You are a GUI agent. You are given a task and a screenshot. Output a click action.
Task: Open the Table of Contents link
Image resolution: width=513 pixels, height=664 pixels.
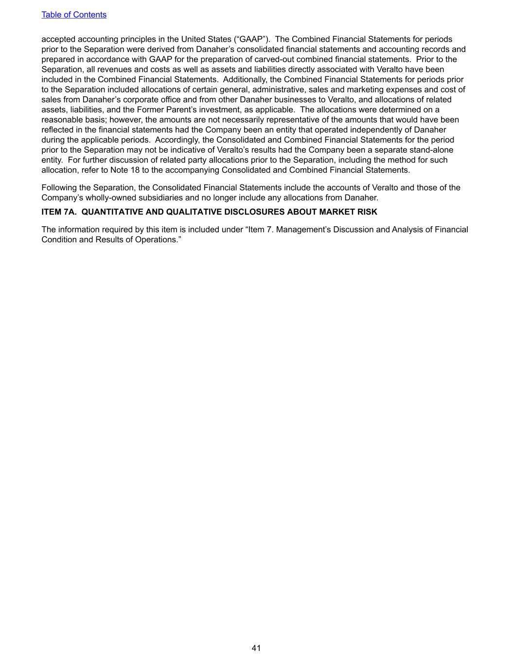tap(74, 15)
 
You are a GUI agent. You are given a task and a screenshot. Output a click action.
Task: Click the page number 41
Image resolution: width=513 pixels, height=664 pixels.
tap(256, 648)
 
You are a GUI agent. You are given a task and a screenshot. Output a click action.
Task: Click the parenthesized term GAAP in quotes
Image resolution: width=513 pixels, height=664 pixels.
tap(251, 39)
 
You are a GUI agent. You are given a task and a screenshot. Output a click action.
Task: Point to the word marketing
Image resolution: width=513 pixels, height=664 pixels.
tap(362, 90)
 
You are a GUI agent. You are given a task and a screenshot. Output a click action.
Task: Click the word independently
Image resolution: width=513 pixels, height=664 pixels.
tap(376, 130)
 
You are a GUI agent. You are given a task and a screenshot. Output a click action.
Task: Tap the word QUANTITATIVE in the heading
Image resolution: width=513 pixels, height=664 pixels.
tap(112, 212)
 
